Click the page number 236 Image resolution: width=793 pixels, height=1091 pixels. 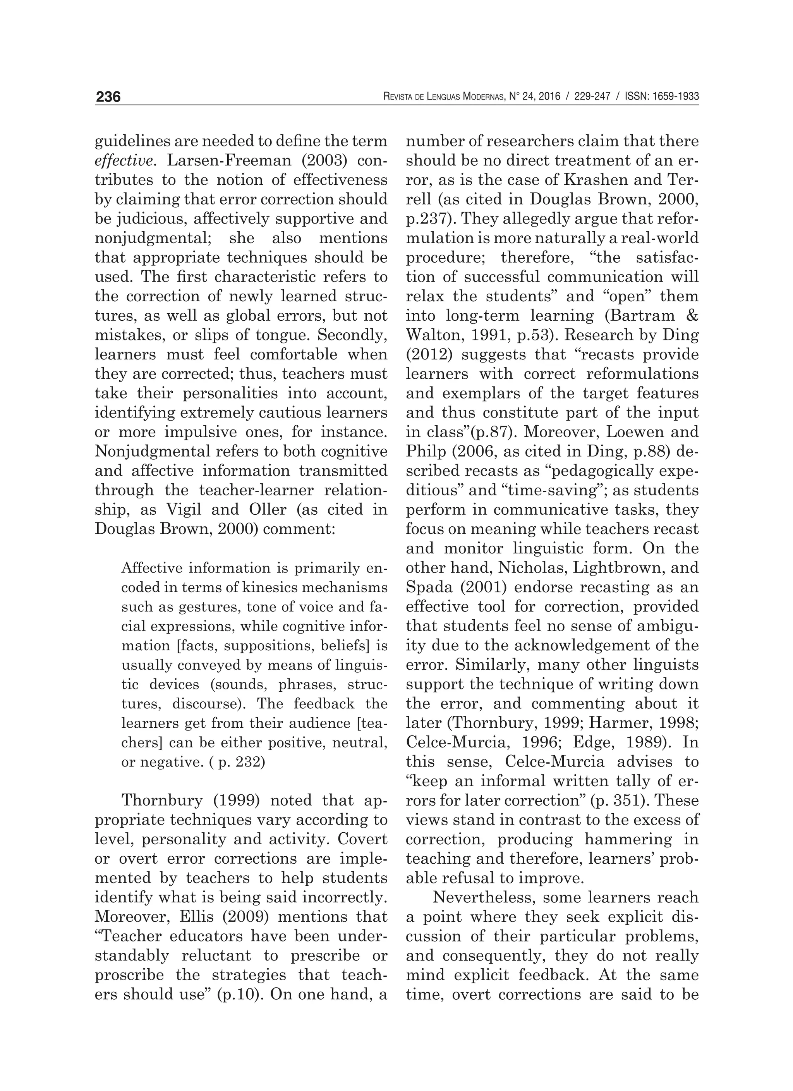[x=108, y=97]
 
